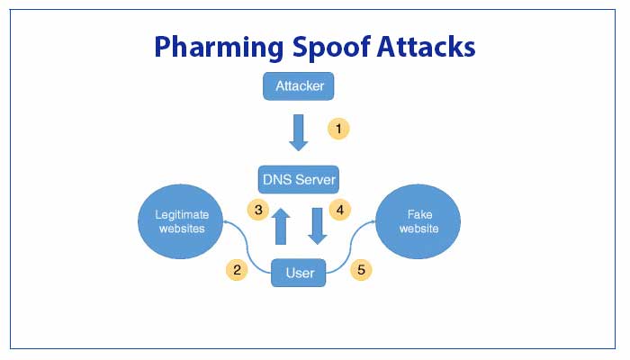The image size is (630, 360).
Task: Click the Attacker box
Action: tap(299, 87)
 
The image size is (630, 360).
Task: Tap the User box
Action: tap(300, 273)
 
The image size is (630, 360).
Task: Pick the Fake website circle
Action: tap(418, 221)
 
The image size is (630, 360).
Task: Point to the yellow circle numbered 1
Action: tap(338, 129)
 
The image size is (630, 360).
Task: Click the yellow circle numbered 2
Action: tap(237, 269)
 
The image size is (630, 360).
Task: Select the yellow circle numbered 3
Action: tap(258, 210)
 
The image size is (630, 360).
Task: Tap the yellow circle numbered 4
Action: tap(339, 210)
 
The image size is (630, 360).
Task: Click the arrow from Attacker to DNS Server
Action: tap(299, 132)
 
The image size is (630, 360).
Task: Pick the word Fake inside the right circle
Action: tap(418, 213)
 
